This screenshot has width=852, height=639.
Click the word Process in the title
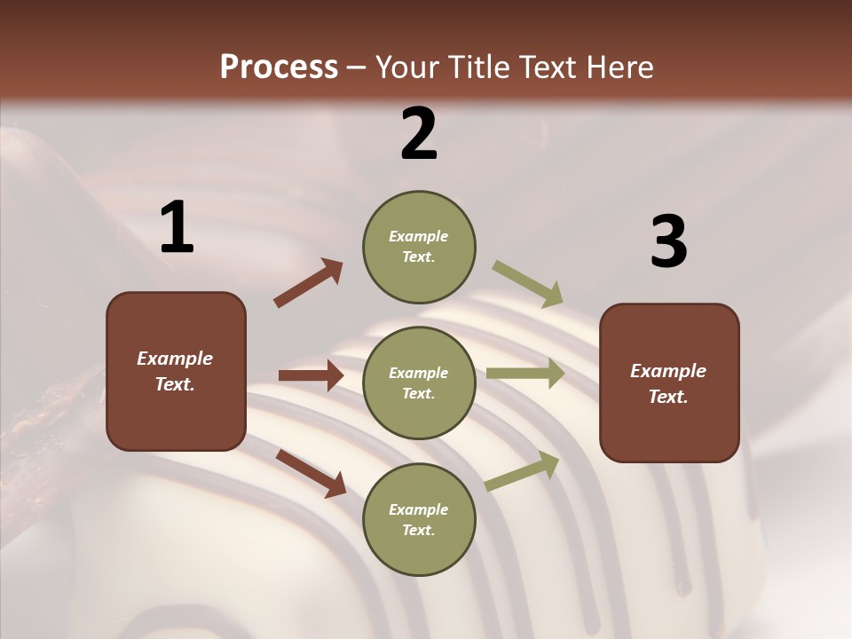click(279, 67)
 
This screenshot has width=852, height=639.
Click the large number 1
click(177, 227)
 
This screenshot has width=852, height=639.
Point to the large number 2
click(419, 133)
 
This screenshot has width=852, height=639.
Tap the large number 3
click(668, 241)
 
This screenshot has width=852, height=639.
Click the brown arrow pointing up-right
click(309, 283)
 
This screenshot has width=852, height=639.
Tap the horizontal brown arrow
click(311, 375)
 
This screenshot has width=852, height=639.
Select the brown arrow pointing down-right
click(311, 472)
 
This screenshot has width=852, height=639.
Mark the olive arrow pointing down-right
click(527, 283)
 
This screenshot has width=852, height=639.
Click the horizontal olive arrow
click(525, 374)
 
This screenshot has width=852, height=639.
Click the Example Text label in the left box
click(175, 371)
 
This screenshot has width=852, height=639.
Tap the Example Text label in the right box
click(668, 383)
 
